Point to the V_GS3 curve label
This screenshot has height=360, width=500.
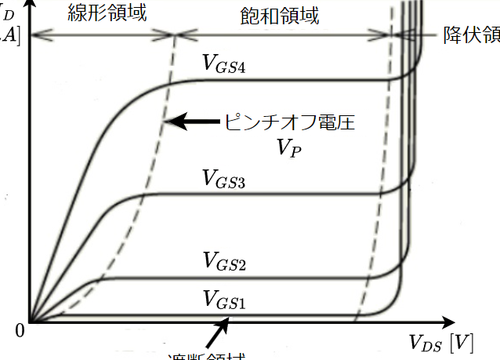pyautogui.click(x=224, y=183)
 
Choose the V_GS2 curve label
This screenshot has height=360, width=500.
pyautogui.click(x=224, y=260)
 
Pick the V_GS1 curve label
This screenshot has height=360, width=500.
pyautogui.click(x=224, y=299)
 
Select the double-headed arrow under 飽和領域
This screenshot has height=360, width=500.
pyautogui.click(x=282, y=35)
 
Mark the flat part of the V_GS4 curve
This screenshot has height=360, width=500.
pyautogui.click(x=290, y=80)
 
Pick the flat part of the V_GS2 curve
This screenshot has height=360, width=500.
pyautogui.click(x=259, y=278)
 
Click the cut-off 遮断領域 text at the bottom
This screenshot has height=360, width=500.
pyautogui.click(x=207, y=355)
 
